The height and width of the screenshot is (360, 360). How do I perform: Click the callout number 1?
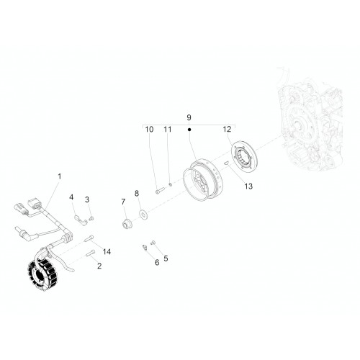(60, 176)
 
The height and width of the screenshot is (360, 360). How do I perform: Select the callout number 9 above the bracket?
(189, 117)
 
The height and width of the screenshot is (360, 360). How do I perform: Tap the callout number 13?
(248, 186)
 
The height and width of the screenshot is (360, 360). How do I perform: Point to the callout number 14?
(107, 251)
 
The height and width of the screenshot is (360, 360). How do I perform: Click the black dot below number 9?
(189, 130)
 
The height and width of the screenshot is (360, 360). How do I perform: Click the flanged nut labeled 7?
(126, 224)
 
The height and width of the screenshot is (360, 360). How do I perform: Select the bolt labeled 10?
(159, 191)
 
